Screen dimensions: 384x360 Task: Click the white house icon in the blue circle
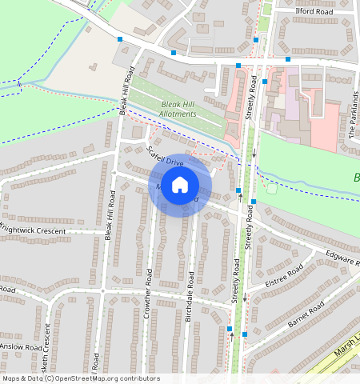click(180, 185)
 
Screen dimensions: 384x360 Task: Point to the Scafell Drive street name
click(166, 156)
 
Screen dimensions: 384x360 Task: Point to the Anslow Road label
click(21, 347)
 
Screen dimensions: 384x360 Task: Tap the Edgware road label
click(342, 258)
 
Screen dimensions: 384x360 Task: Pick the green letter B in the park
click(355, 178)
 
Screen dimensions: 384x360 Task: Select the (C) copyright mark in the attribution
click(49, 378)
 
